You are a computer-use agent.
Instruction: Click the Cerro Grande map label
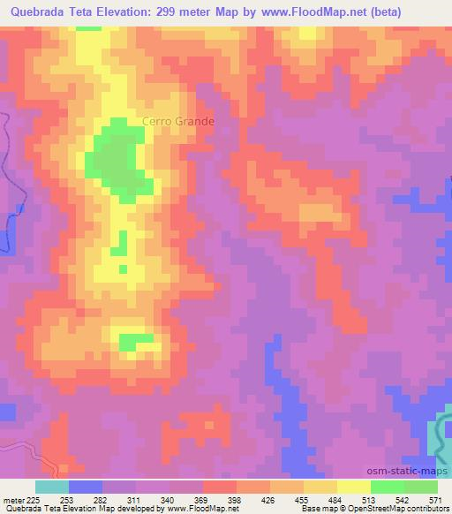point(177,122)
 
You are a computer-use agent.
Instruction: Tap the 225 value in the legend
point(34,501)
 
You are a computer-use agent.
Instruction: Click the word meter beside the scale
point(12,501)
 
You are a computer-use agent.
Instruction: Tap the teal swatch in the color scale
point(52,488)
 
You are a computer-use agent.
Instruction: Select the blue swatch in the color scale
point(86,488)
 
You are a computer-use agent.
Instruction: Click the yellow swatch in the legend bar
point(354,488)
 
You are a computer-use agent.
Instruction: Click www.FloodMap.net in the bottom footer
point(200,510)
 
